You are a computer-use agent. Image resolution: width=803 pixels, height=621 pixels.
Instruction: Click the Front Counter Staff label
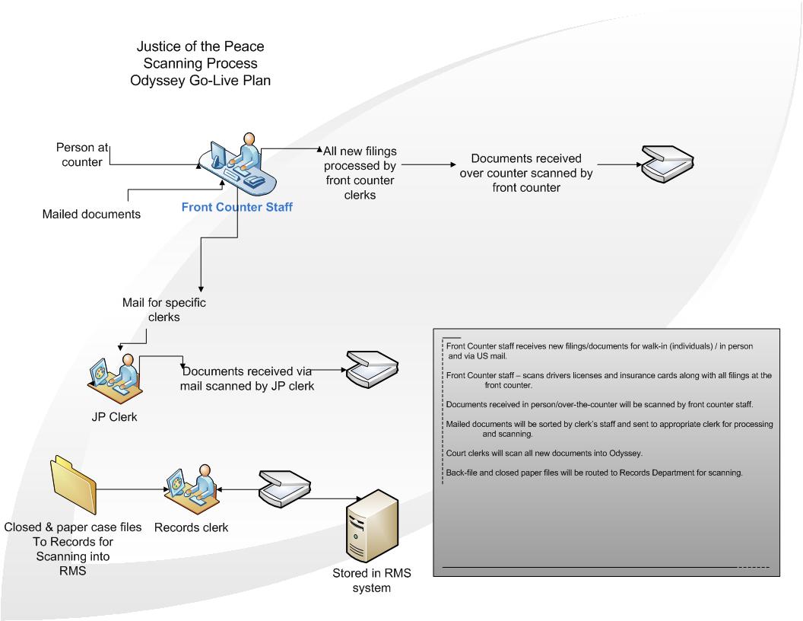tap(236, 206)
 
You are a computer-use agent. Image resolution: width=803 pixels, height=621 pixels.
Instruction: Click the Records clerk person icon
tap(191, 490)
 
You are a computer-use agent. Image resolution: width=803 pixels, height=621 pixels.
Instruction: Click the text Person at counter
tap(79, 154)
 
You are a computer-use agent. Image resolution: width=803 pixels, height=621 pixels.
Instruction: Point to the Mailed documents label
tap(91, 214)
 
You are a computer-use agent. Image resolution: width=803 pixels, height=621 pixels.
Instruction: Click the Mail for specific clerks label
tap(164, 309)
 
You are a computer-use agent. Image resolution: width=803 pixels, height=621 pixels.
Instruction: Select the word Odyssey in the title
tap(160, 80)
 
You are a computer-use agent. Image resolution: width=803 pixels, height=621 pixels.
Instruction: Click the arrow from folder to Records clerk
tap(129, 489)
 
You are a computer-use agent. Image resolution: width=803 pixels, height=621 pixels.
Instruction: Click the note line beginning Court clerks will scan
tap(544, 454)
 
